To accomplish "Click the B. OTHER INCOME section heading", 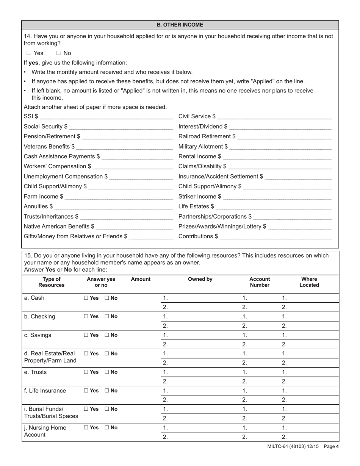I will click(180, 25).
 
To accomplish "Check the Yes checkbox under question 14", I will click(29, 53).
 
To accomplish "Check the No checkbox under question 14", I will click(59, 53).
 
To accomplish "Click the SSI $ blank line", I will click(106, 117).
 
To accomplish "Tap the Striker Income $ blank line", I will click(277, 197).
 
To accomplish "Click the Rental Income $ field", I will click(277, 156).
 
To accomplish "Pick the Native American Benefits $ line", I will click(135, 227).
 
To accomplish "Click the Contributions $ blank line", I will click(275, 236).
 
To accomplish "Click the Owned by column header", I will click(200, 279).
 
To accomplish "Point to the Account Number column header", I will click(260, 282).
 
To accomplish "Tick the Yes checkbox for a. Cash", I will click(86, 298).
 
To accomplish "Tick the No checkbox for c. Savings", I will click(107, 335).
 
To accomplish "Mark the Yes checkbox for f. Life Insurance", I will click(86, 391).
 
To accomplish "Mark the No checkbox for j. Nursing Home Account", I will click(107, 428).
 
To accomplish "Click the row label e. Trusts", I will click(36, 372).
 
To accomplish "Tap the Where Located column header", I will click(309, 282).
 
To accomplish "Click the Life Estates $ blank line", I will click(273, 206).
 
